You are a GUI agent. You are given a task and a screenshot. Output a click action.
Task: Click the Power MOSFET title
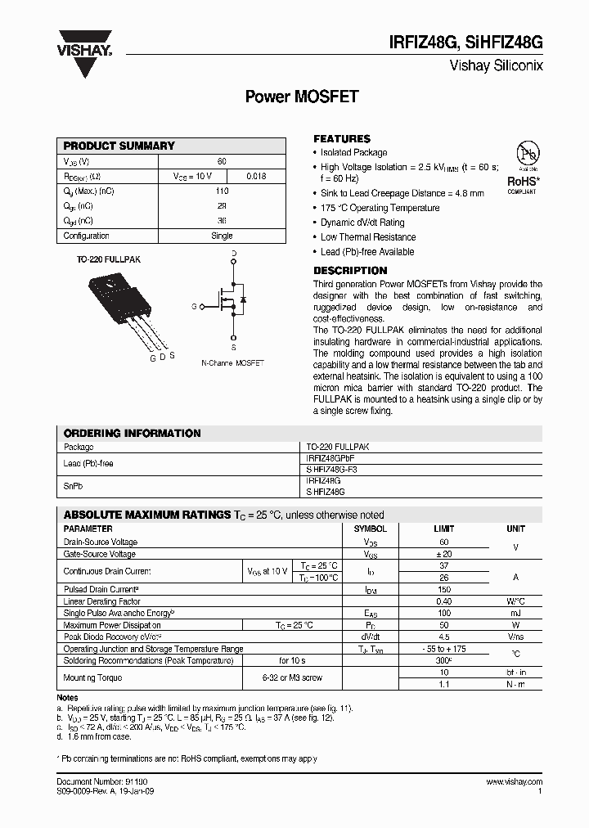tap(302, 96)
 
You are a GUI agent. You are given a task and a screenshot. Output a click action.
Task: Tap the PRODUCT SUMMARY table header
tap(119, 146)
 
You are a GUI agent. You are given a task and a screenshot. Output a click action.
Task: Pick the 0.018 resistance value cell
tap(255, 176)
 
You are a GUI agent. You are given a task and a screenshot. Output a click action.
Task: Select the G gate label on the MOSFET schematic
tap(194, 306)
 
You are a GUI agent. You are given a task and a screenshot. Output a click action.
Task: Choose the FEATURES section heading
tap(342, 139)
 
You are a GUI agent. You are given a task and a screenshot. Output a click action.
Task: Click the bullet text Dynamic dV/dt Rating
tap(362, 223)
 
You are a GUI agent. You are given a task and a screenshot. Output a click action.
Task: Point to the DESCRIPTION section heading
tap(350, 271)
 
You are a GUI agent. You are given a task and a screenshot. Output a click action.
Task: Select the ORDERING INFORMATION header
tap(132, 433)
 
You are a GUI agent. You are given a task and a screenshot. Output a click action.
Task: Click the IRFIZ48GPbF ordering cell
tap(330, 459)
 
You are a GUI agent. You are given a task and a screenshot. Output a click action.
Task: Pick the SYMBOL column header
tap(371, 529)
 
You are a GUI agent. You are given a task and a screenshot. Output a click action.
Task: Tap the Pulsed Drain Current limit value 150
tap(444, 589)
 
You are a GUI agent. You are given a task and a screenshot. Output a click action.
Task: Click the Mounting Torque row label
tap(92, 677)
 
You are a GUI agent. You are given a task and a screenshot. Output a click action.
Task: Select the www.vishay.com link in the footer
tap(514, 783)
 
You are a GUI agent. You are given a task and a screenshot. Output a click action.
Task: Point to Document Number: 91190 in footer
tap(97, 783)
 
